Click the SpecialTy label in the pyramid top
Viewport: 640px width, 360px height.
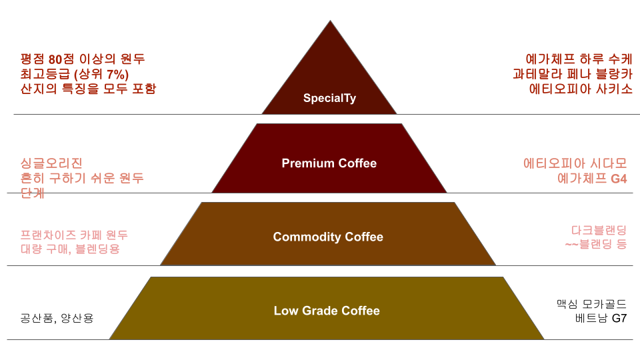(329, 99)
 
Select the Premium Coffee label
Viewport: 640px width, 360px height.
(329, 163)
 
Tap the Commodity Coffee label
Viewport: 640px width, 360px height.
(328, 237)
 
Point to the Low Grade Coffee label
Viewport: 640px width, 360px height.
(327, 311)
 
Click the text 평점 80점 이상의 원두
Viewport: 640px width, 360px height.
(83, 59)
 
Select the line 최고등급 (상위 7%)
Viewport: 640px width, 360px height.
(75, 73)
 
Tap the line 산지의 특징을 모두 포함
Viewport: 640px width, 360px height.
(89, 88)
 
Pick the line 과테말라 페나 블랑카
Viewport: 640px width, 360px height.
(573, 73)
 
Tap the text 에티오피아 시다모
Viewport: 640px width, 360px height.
(575, 163)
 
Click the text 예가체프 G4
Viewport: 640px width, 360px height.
(592, 178)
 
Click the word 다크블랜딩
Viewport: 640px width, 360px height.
(599, 230)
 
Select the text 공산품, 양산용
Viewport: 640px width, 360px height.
(57, 318)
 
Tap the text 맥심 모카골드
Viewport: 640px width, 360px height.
(591, 303)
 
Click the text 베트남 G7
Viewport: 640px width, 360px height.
(601, 318)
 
